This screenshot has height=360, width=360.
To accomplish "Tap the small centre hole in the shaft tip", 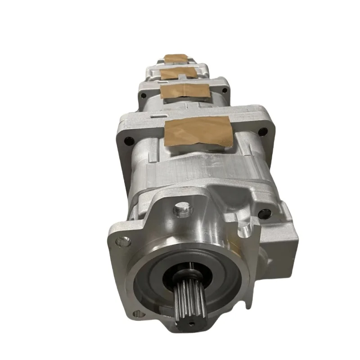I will (x=191, y=323).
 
